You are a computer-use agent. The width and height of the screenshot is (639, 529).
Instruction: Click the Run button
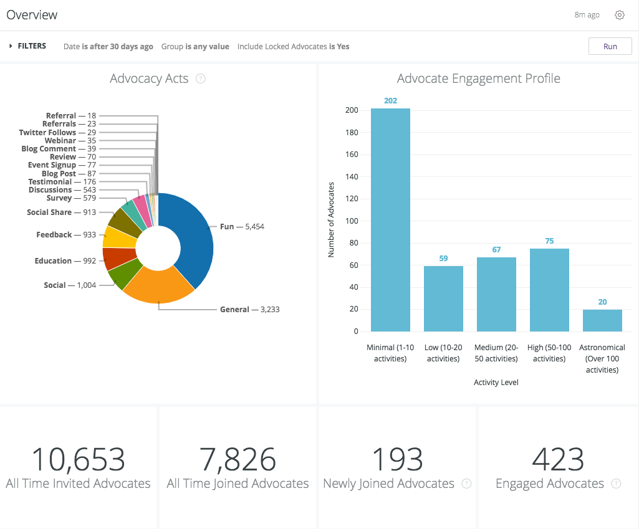coord(610,47)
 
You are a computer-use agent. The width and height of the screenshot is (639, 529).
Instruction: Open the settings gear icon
coord(619,15)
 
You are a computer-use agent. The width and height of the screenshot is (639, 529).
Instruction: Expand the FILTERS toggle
coord(27,46)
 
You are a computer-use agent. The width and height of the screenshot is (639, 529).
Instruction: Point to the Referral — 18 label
coord(70,116)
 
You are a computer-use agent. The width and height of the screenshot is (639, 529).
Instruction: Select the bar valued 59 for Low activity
coord(443,298)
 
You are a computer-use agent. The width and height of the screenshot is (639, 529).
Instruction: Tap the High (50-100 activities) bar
coord(549,290)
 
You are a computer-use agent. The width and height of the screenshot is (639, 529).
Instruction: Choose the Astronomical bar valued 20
coord(602,320)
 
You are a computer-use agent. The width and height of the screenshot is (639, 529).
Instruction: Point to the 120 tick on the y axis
coord(352,199)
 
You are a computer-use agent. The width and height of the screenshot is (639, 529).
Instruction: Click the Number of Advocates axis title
coord(331,220)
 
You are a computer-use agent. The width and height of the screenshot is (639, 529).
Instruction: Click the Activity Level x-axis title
coord(496,383)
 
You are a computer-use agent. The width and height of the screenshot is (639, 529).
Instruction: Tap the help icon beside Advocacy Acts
coord(200,79)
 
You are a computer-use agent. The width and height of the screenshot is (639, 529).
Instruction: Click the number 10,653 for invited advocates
coord(78,460)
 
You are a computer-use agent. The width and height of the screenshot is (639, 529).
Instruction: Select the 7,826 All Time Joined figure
coord(238,460)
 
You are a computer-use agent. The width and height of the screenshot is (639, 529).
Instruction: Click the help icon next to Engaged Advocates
coord(616,484)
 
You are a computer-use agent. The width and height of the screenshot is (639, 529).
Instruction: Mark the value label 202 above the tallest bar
coord(390,101)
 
